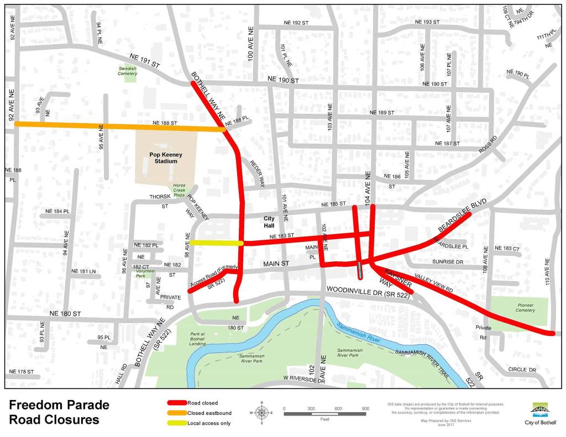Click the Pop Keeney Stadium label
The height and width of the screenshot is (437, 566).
(x=166, y=158)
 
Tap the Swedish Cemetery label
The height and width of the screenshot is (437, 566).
(x=127, y=71)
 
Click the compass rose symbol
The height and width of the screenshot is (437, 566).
(x=263, y=412)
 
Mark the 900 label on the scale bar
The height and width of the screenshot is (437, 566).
(x=365, y=408)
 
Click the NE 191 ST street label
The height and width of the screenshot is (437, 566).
(x=144, y=61)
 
